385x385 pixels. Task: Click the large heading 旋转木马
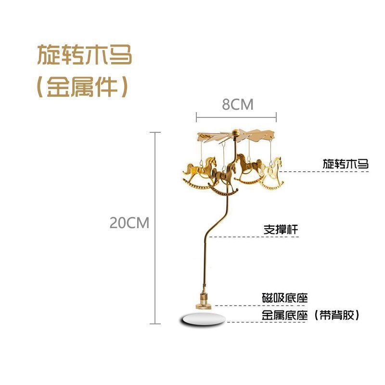pos(84,55)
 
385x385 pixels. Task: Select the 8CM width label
pos(237,105)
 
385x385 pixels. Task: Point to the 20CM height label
pos(129,223)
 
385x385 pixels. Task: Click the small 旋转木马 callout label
pos(345,164)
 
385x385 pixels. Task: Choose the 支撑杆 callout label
pos(281,230)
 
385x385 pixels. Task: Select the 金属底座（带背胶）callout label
pos(310,316)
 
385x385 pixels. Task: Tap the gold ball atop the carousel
pos(235,132)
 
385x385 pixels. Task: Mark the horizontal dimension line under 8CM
pos(236,116)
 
